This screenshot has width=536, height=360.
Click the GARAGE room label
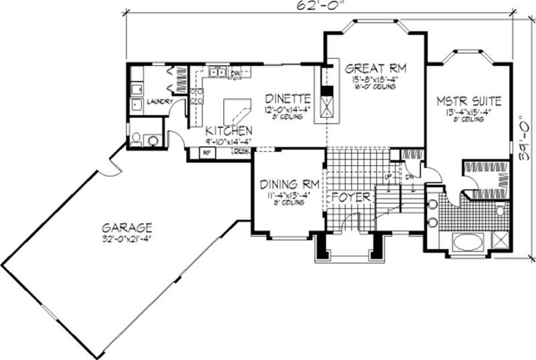[127, 227]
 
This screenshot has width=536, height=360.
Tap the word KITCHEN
[228, 130]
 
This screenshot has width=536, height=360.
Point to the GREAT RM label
[375, 68]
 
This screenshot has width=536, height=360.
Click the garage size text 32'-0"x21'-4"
[127, 238]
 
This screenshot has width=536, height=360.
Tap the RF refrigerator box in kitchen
[206, 153]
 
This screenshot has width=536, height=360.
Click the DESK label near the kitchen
[241, 152]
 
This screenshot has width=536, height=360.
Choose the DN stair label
[409, 176]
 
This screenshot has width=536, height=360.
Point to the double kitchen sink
[216, 70]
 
